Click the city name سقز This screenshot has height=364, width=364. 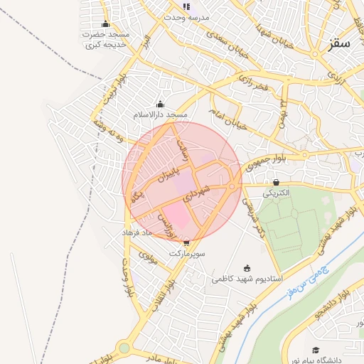click(340, 43)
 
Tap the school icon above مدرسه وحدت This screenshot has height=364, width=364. click(186, 6)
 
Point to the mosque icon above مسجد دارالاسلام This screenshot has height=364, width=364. click(160, 104)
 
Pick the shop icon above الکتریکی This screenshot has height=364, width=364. click(276, 183)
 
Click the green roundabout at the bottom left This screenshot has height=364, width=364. click(124, 348)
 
